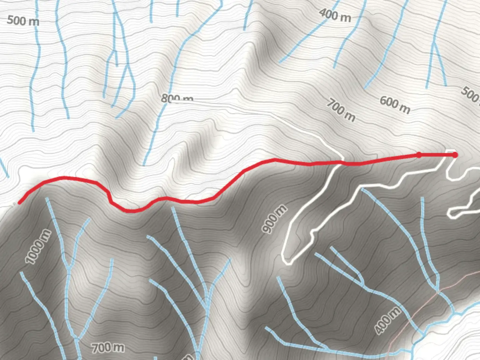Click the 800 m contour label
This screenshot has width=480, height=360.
[x=177, y=98]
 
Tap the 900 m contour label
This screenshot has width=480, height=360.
[x=274, y=219]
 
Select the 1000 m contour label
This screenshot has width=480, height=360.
[x=39, y=247]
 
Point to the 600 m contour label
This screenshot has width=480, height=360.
[x=395, y=105]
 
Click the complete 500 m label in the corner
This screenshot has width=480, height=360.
[x=23, y=21]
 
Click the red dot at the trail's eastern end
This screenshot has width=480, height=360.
[x=455, y=155]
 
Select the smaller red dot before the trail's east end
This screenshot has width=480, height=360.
[x=419, y=155]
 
